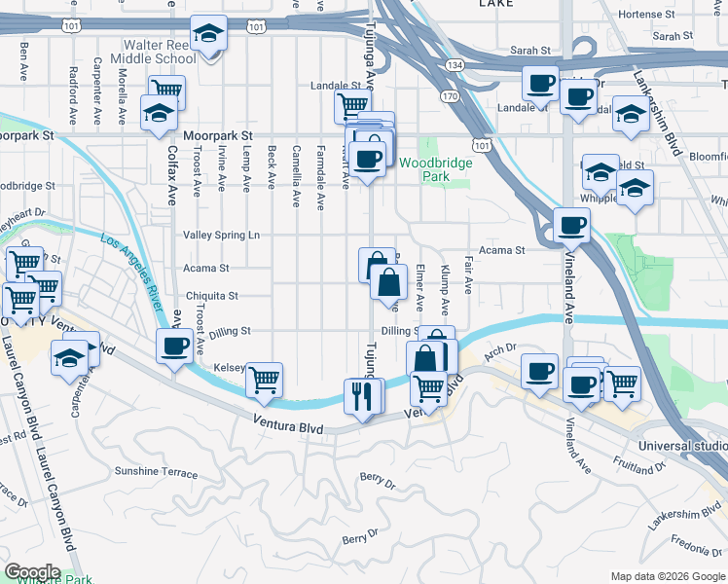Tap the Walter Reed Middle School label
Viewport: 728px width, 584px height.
click(161, 52)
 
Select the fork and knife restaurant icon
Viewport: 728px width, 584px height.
click(359, 395)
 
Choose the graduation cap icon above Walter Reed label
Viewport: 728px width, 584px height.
click(207, 35)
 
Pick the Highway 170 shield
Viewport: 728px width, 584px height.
click(448, 96)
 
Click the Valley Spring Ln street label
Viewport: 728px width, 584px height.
click(222, 236)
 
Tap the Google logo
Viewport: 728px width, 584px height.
click(32, 572)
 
